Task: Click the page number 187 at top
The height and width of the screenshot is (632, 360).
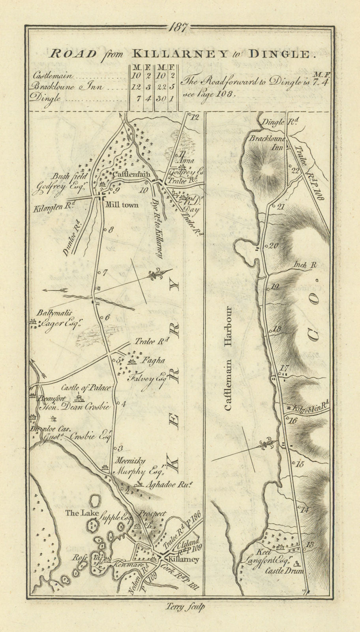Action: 180,28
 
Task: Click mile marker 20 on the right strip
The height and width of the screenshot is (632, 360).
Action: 274,245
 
